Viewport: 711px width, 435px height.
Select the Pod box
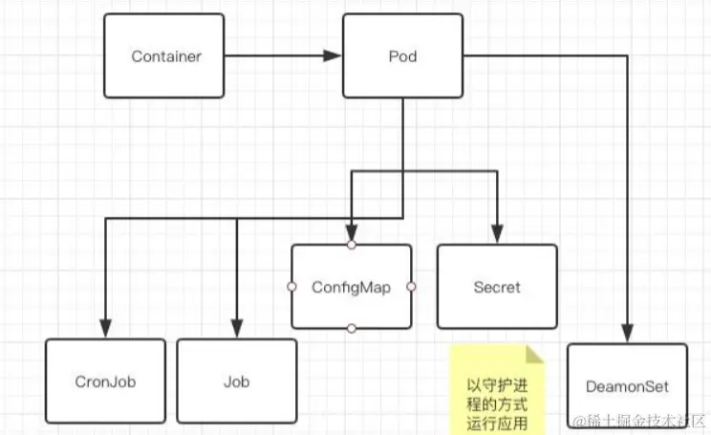pos(402,56)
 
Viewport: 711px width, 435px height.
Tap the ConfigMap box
pos(351,287)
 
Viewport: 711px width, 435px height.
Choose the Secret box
pos(497,287)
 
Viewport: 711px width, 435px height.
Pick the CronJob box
pos(105,381)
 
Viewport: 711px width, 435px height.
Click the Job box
pos(236,381)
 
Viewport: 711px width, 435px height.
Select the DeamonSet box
pos(627,386)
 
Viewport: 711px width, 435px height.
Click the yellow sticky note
pos(496,390)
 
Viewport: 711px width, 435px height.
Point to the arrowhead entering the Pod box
pos(334,56)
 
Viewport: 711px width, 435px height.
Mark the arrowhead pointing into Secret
pos(496,236)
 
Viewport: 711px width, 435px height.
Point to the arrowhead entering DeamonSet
pos(628,336)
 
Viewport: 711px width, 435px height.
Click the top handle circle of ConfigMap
pos(352,245)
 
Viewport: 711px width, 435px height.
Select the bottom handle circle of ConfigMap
pos(352,329)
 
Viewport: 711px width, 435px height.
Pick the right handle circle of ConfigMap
pos(412,287)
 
